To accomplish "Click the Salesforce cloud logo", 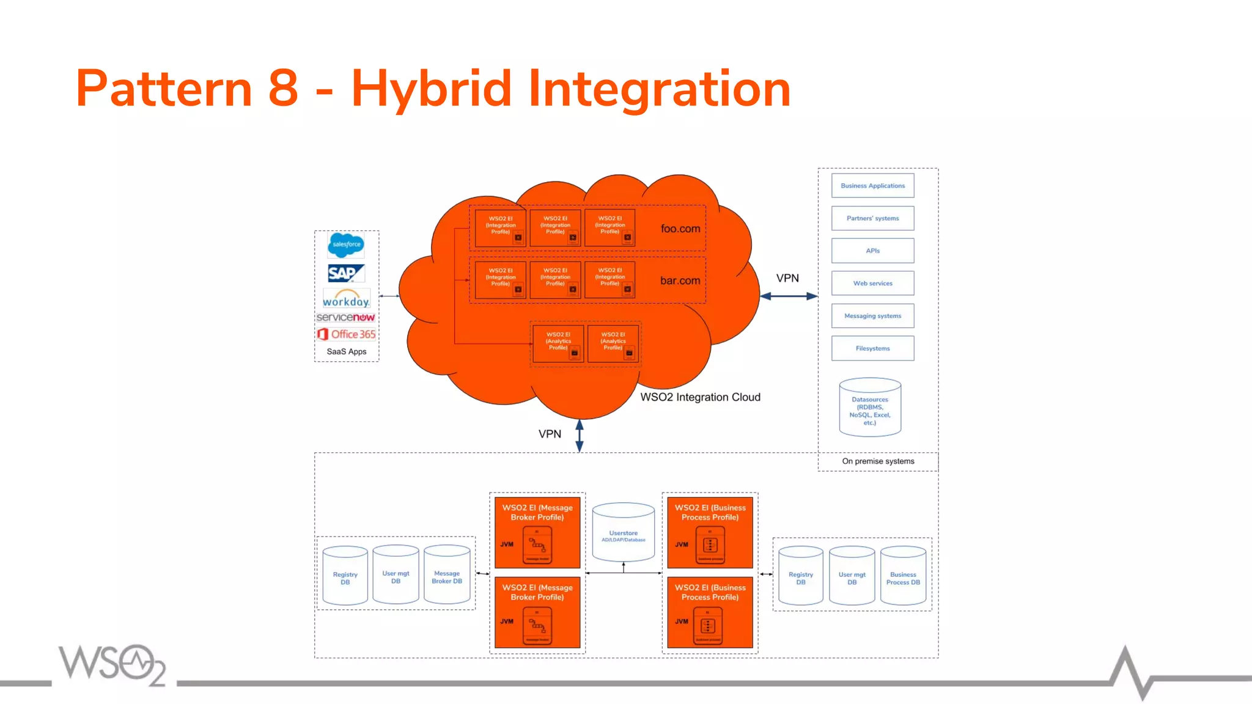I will coord(346,244).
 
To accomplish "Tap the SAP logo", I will coord(346,273).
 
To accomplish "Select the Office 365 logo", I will coord(346,334).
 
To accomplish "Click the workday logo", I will coord(346,299).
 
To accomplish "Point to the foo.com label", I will coord(680,229).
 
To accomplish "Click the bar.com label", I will coord(680,280).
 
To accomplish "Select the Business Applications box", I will coord(872,186).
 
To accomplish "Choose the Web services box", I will coord(872,284).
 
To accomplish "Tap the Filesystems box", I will coord(872,348).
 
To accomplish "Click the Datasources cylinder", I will coord(870,408).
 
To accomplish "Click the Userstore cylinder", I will coord(623,533).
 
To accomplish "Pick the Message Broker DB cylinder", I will coord(447,575).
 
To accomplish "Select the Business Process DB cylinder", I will coord(903,576).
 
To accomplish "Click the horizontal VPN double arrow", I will coord(789,296).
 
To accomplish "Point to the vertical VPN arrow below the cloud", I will coord(580,436).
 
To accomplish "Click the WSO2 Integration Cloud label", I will coord(700,397).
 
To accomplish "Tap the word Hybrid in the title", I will coord(431,89).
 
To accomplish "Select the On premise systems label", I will coord(878,461).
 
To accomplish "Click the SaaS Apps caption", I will coord(346,351).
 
